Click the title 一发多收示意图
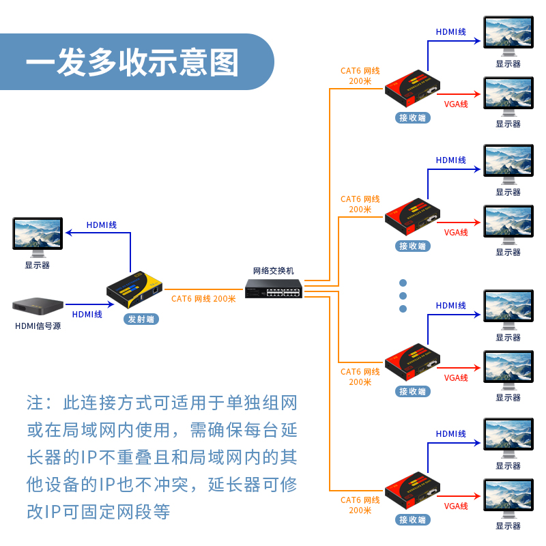coord(132,63)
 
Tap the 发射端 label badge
coord(141,319)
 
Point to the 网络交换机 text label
coord(274,271)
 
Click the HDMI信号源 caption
coord(38,326)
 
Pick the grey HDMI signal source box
coord(38,308)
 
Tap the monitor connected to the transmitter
coord(38,234)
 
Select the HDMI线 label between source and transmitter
coord(87,315)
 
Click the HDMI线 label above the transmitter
coord(102,225)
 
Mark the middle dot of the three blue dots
coord(403,296)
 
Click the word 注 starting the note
coord(34,403)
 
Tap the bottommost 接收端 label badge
coord(413,519)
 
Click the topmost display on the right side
coord(508,34)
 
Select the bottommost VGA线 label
coord(456,506)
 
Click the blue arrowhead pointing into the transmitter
coord(104,304)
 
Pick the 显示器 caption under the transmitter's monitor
coord(38,265)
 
